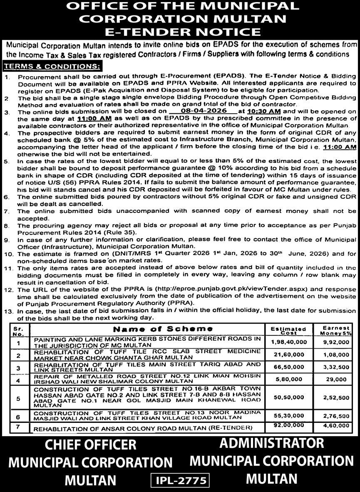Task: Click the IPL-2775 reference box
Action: click(180, 480)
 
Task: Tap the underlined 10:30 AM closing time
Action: click(257, 111)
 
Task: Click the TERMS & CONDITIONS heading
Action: click(52, 66)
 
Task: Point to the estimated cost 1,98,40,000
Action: click(288, 342)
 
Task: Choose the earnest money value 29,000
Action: click(337, 380)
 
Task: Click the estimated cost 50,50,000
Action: click(288, 398)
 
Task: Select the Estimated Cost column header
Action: click(288, 331)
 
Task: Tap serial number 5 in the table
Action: click(18, 398)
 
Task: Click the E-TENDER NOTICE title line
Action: click(180, 32)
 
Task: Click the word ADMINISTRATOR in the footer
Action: click(271, 442)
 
